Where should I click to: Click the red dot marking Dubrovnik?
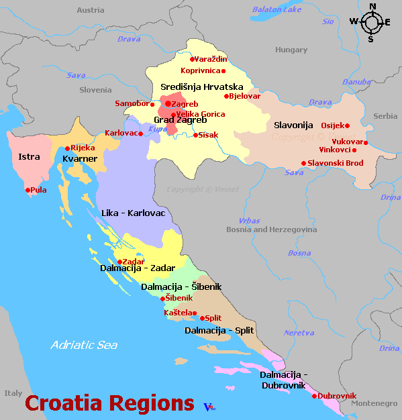point(314,396)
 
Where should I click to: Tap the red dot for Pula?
point(28,190)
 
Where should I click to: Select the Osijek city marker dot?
point(347,125)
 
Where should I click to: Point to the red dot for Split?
point(202,318)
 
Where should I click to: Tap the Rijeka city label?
point(83,148)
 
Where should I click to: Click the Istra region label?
point(30,157)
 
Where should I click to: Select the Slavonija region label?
point(294,125)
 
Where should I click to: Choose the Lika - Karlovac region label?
point(132,213)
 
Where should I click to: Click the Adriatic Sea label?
point(84,346)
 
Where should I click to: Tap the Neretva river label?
point(299,333)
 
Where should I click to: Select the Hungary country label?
point(291,50)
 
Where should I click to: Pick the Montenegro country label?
point(374,403)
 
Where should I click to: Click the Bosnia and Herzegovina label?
point(271,229)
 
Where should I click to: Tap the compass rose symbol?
point(370,22)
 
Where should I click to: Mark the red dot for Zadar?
point(119,262)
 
